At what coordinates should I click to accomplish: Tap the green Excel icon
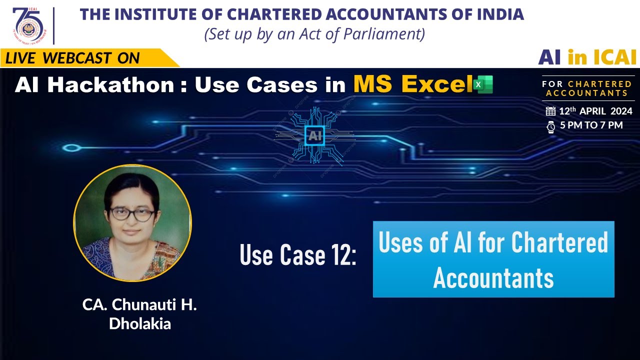pyautogui.click(x=483, y=84)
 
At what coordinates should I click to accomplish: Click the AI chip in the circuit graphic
pyautogui.click(x=314, y=135)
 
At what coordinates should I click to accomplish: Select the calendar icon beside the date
pyautogui.click(x=550, y=111)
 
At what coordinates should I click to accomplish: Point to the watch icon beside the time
pyautogui.click(x=550, y=126)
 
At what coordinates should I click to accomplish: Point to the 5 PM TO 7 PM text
pyautogui.click(x=591, y=125)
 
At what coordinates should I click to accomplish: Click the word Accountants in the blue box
pyautogui.click(x=493, y=277)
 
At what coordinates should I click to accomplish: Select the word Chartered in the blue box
pyautogui.click(x=559, y=243)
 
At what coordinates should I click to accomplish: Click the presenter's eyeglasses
pyautogui.click(x=132, y=214)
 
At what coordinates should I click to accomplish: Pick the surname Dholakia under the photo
pyautogui.click(x=140, y=323)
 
